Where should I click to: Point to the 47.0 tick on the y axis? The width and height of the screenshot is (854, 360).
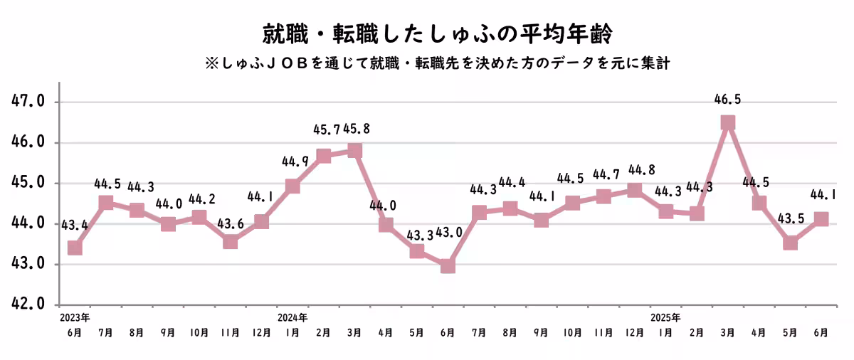click(x=28, y=102)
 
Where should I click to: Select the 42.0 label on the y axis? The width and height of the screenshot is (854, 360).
click(x=28, y=305)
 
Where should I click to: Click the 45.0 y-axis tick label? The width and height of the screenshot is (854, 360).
click(x=28, y=183)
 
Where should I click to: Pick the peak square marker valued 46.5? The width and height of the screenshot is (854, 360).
click(x=727, y=122)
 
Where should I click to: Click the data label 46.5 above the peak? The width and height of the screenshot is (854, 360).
click(x=727, y=100)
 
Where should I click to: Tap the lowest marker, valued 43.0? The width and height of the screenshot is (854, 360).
click(x=448, y=265)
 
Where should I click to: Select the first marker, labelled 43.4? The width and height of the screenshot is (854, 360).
click(x=74, y=248)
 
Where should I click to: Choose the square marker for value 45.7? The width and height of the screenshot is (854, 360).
click(x=323, y=156)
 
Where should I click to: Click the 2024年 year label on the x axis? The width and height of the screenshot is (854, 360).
click(x=292, y=317)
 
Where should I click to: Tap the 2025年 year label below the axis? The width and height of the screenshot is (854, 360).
click(x=665, y=317)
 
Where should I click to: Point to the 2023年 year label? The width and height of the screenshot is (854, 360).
click(x=75, y=317)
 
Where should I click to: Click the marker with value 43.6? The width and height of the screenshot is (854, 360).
click(x=230, y=242)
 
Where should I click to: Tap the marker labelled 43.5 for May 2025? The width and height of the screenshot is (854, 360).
click(x=790, y=243)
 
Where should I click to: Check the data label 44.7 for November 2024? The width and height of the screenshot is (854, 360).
click(x=603, y=174)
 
